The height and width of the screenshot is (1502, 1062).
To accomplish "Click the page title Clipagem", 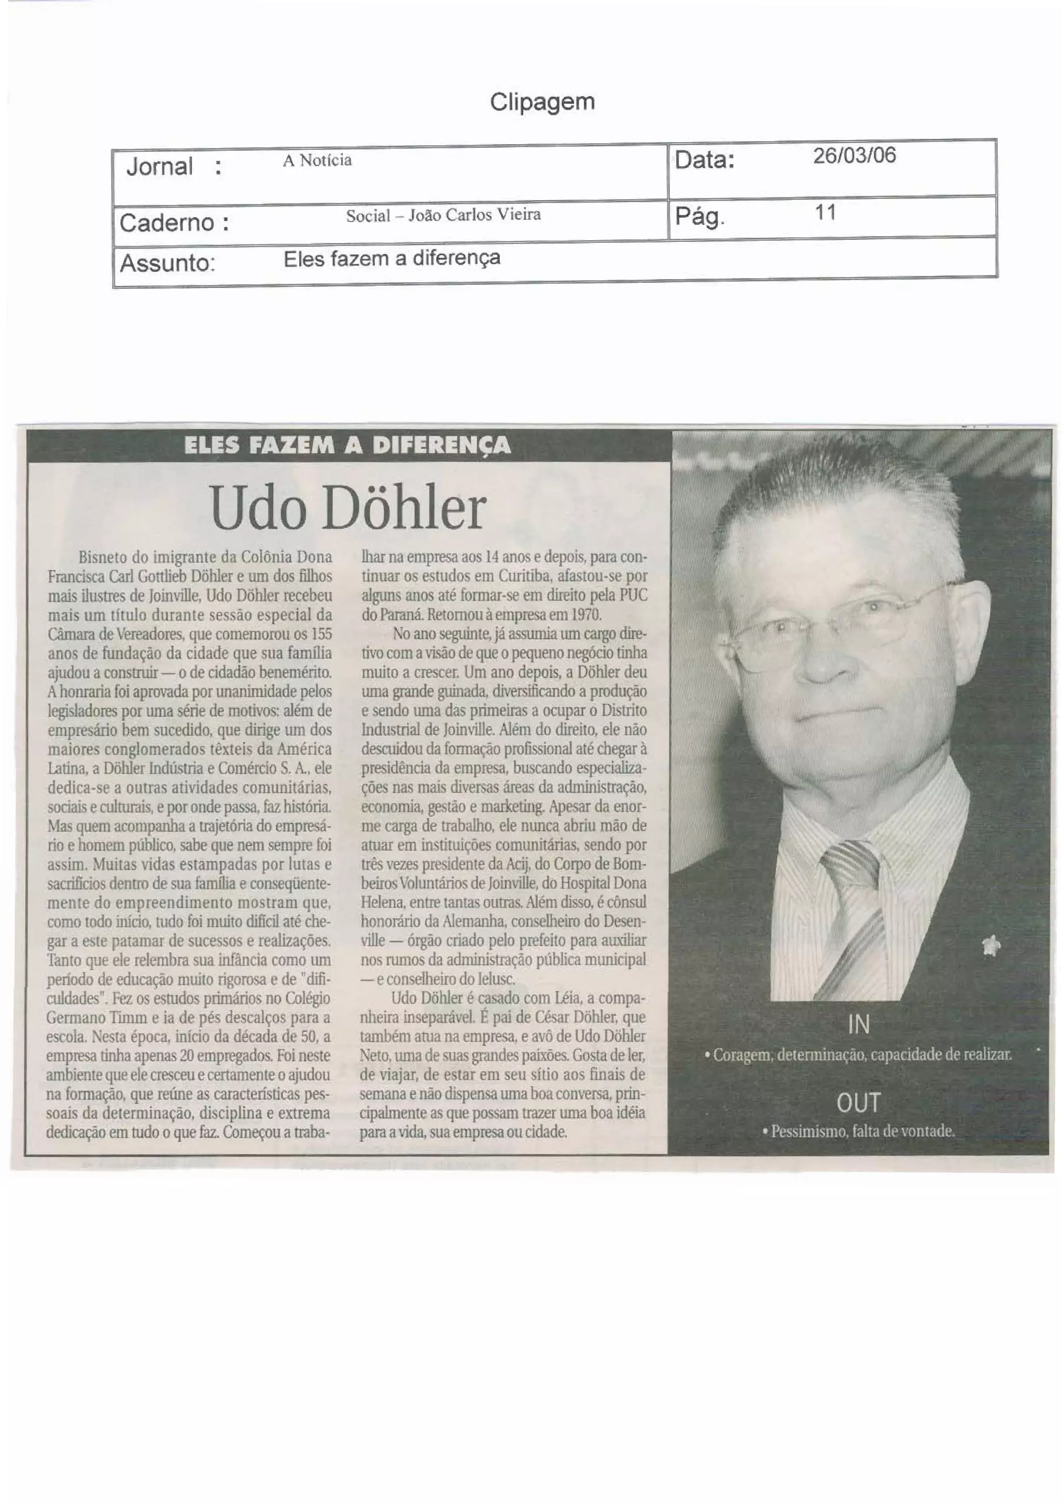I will tap(542, 102).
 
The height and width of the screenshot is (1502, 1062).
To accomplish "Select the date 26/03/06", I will tap(854, 156).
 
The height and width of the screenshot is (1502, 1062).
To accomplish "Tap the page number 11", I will tap(825, 212).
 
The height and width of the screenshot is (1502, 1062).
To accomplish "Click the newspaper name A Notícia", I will tap(317, 160).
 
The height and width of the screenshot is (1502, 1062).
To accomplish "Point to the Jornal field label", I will tap(160, 167).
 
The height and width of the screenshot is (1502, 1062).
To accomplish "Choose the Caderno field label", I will tap(174, 223).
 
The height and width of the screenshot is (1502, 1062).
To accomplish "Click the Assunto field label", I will tap(167, 263).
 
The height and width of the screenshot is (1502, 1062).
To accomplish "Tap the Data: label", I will tap(704, 160).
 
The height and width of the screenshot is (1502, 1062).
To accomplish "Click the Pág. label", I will tap(699, 216).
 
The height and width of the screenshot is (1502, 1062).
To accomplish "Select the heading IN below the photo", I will tap(858, 1024).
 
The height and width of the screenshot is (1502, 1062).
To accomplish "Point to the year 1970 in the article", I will tap(586, 615).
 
